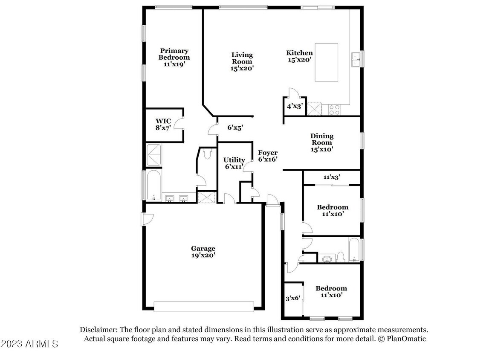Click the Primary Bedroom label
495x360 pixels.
coord(174,58)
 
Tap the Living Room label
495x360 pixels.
coord(242,61)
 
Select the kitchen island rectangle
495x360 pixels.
coord(327,63)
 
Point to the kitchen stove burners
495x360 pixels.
coord(334,110)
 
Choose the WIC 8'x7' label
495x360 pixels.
coord(163,125)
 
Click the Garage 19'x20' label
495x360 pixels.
coord(203,252)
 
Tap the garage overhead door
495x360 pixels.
coord(204,306)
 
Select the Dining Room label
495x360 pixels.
coord(322,143)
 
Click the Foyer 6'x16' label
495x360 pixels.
coord(268,156)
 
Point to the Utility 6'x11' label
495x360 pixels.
coord(234,163)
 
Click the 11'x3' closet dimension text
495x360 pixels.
coord(331,177)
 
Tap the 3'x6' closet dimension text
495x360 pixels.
coord(292,298)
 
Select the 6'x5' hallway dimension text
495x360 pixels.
coord(235,128)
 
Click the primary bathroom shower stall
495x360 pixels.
coord(154,154)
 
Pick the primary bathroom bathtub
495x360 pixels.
coord(154,185)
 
